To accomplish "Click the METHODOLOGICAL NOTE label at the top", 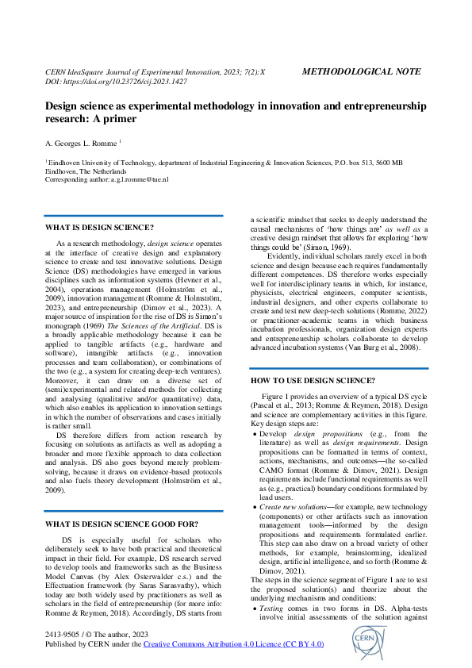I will (x=362, y=71).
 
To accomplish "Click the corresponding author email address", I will (x=133, y=180).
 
